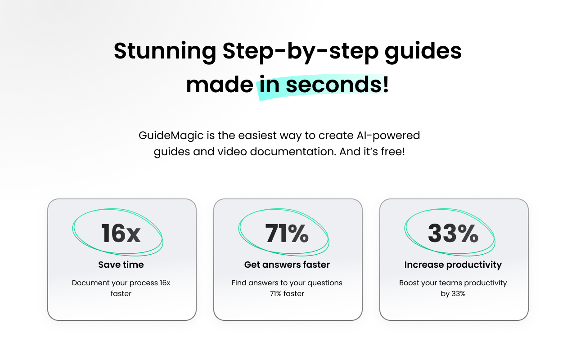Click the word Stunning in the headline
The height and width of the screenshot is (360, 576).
165,51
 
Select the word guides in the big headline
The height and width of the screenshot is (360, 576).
423,51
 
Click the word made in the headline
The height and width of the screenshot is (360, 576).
219,85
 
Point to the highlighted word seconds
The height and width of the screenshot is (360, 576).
335,85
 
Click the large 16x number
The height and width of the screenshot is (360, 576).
121,233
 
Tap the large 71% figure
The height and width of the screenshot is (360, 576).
287,233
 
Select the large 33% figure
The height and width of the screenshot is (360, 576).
453,233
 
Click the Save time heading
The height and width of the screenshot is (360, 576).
121,265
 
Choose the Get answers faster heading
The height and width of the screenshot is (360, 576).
287,265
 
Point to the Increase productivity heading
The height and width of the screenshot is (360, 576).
453,265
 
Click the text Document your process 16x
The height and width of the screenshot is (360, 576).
121,283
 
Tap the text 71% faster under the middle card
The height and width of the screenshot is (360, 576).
287,294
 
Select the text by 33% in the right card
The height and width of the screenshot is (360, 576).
453,294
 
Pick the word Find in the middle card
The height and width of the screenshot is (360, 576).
239,283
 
